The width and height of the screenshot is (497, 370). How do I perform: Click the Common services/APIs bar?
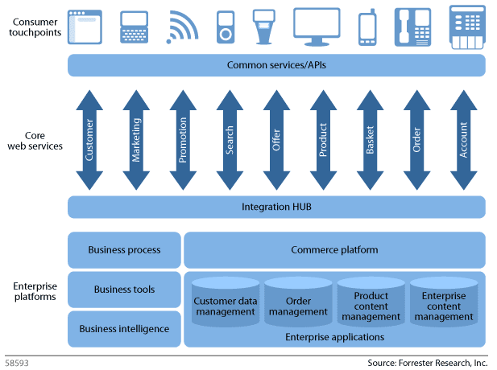point(276,65)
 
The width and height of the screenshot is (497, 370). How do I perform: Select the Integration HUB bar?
point(276,207)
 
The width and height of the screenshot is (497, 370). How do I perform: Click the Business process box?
point(124,250)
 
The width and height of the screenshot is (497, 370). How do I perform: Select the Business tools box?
point(124,290)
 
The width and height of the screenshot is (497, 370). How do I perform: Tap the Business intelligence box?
point(124,328)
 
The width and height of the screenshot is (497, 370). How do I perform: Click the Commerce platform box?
point(334,250)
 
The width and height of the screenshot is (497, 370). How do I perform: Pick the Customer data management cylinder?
point(226,304)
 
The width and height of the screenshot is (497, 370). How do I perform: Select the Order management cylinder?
point(298,304)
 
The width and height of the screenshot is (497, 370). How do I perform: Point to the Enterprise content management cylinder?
point(444,304)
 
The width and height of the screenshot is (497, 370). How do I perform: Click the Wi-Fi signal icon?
point(181,27)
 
